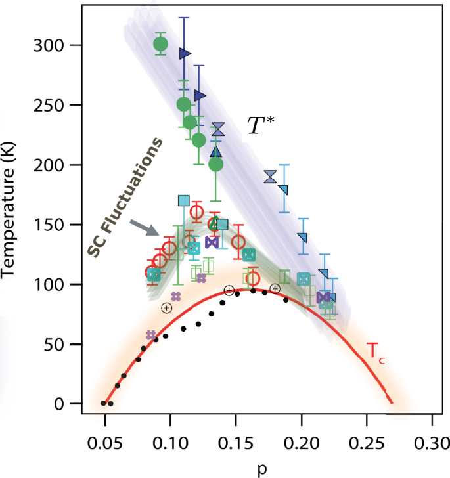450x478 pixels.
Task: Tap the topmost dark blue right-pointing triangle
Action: coord(185,53)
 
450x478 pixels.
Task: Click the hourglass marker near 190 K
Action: coord(270,176)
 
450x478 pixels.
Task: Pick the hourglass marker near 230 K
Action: coord(218,129)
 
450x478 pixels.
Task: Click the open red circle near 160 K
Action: coord(196,212)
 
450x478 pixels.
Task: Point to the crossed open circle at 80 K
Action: coord(166,307)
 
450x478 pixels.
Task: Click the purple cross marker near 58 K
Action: coord(150,335)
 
